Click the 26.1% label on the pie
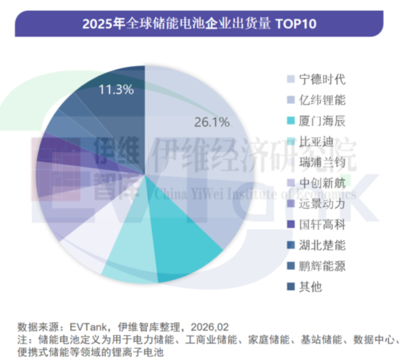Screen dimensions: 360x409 click(212, 121)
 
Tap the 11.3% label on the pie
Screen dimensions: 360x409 click(116, 89)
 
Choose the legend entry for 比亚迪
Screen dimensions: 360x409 click(316, 142)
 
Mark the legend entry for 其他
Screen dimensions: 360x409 click(311, 287)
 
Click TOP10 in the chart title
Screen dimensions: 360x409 click(297, 24)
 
